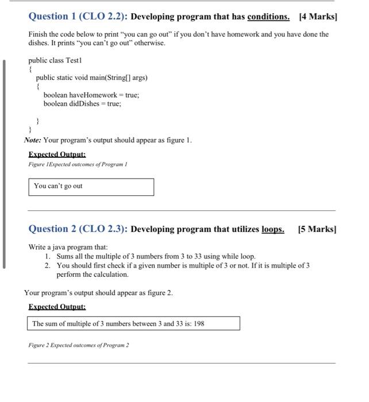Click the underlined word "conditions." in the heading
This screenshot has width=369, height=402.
(x=268, y=16)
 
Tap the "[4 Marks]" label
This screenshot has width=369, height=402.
(x=318, y=16)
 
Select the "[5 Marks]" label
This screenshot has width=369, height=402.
(x=317, y=229)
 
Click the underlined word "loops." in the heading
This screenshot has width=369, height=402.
(x=273, y=229)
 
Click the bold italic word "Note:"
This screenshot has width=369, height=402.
(x=33, y=140)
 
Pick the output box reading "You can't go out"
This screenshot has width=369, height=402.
(x=91, y=187)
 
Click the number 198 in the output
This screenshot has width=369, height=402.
(x=199, y=324)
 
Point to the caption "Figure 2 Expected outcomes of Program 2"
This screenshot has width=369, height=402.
(x=79, y=345)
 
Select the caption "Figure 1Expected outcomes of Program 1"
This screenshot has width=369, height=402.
(x=78, y=164)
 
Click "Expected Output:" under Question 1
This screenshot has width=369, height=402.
(x=57, y=154)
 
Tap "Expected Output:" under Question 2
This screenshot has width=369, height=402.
(x=57, y=307)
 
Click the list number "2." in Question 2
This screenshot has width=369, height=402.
(x=48, y=265)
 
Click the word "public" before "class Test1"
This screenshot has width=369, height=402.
(x=38, y=60)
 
